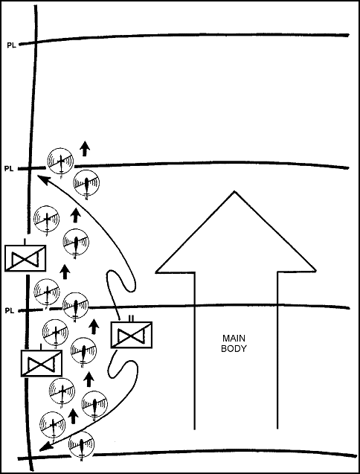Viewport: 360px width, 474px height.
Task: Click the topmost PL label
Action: (11, 45)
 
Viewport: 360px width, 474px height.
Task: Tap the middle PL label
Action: (9, 169)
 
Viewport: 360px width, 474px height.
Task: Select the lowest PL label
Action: (10, 310)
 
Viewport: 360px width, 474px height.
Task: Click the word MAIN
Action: (234, 338)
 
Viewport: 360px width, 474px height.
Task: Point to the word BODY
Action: (234, 348)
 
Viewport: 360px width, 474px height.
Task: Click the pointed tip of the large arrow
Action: (234, 191)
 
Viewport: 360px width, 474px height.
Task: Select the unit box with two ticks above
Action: (132, 335)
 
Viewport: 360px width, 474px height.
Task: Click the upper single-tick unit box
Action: (25, 258)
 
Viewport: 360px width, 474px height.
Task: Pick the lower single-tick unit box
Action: (42, 363)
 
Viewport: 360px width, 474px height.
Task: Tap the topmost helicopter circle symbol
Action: (60, 161)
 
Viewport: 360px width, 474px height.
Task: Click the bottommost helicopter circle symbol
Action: (81, 444)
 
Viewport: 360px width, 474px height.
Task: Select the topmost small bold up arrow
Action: (85, 148)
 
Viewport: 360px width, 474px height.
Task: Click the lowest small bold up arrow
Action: (73, 416)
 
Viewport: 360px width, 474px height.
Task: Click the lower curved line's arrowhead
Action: (45, 446)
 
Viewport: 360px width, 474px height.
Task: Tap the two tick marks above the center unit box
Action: (131, 318)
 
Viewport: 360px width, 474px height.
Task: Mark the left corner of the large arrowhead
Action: (156, 272)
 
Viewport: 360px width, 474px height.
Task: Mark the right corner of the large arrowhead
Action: (315, 271)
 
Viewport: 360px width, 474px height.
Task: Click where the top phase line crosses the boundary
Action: (35, 41)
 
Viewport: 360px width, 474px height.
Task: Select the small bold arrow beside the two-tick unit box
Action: (94, 327)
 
